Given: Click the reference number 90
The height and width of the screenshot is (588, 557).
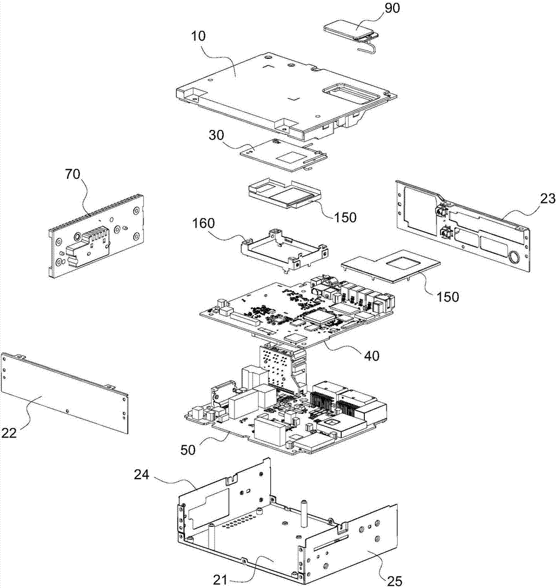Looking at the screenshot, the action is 392,9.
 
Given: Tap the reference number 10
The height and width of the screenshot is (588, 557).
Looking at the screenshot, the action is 198,36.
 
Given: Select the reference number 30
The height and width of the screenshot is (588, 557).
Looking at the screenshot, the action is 216,135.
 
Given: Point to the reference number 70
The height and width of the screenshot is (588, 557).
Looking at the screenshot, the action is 73,175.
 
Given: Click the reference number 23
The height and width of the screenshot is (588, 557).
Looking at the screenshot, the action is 547,198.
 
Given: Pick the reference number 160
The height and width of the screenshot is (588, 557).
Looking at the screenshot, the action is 203,223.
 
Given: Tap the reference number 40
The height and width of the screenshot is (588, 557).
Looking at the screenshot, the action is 371,356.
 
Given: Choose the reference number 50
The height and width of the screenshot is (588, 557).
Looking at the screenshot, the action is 188,450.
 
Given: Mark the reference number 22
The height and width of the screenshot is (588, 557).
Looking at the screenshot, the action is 9,433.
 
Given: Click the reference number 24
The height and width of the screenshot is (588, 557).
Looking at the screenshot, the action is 142,475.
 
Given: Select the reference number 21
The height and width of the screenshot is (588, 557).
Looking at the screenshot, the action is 220,580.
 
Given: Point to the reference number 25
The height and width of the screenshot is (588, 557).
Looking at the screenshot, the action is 394,581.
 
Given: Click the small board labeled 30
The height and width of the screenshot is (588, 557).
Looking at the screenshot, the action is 283,155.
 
